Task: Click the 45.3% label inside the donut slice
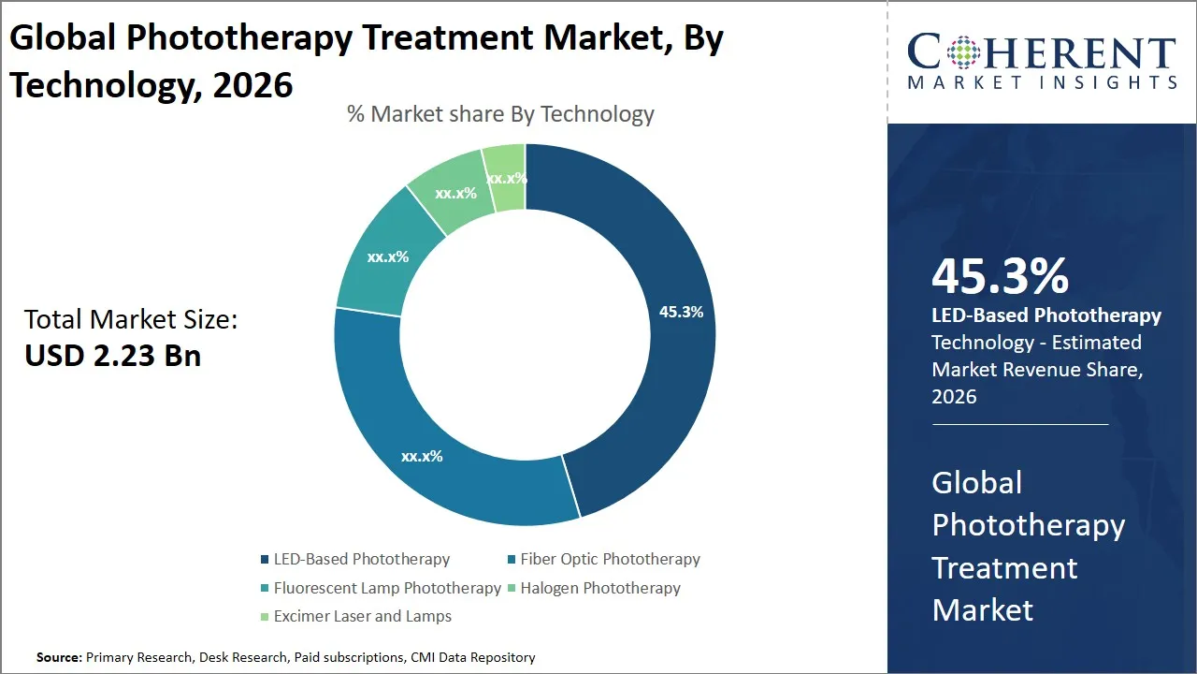click(x=681, y=312)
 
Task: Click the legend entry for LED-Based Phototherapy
click(x=361, y=559)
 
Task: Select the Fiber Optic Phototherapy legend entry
click(x=610, y=559)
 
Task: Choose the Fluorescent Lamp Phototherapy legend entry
click(x=387, y=588)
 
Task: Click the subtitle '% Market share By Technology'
click(x=500, y=114)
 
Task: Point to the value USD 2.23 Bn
click(x=112, y=356)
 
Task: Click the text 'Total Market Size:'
click(x=131, y=319)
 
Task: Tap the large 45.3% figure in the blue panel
click(x=1000, y=276)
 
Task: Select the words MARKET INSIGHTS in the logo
click(x=1042, y=83)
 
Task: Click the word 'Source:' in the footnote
click(x=59, y=658)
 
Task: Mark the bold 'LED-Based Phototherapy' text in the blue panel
click(x=1046, y=315)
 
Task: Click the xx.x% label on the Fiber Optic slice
click(x=422, y=457)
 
